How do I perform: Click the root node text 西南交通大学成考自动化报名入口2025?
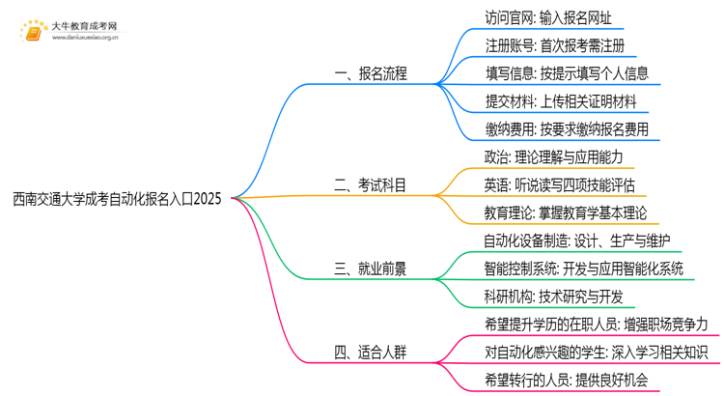[117, 200]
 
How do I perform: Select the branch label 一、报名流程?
[371, 72]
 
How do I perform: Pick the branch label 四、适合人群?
[371, 353]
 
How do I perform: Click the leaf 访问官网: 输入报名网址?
[547, 17]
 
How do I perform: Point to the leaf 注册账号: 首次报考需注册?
[554, 45]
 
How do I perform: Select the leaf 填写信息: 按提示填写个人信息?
[567, 72]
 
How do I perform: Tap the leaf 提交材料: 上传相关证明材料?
[560, 100]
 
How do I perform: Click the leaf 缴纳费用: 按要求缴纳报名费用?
[567, 128]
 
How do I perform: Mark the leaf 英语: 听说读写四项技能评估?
[560, 184]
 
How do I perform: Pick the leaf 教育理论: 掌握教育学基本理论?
[566, 212]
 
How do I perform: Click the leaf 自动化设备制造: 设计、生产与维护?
[577, 240]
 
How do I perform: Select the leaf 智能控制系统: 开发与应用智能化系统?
[584, 269]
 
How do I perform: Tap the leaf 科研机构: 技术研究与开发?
[553, 297]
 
